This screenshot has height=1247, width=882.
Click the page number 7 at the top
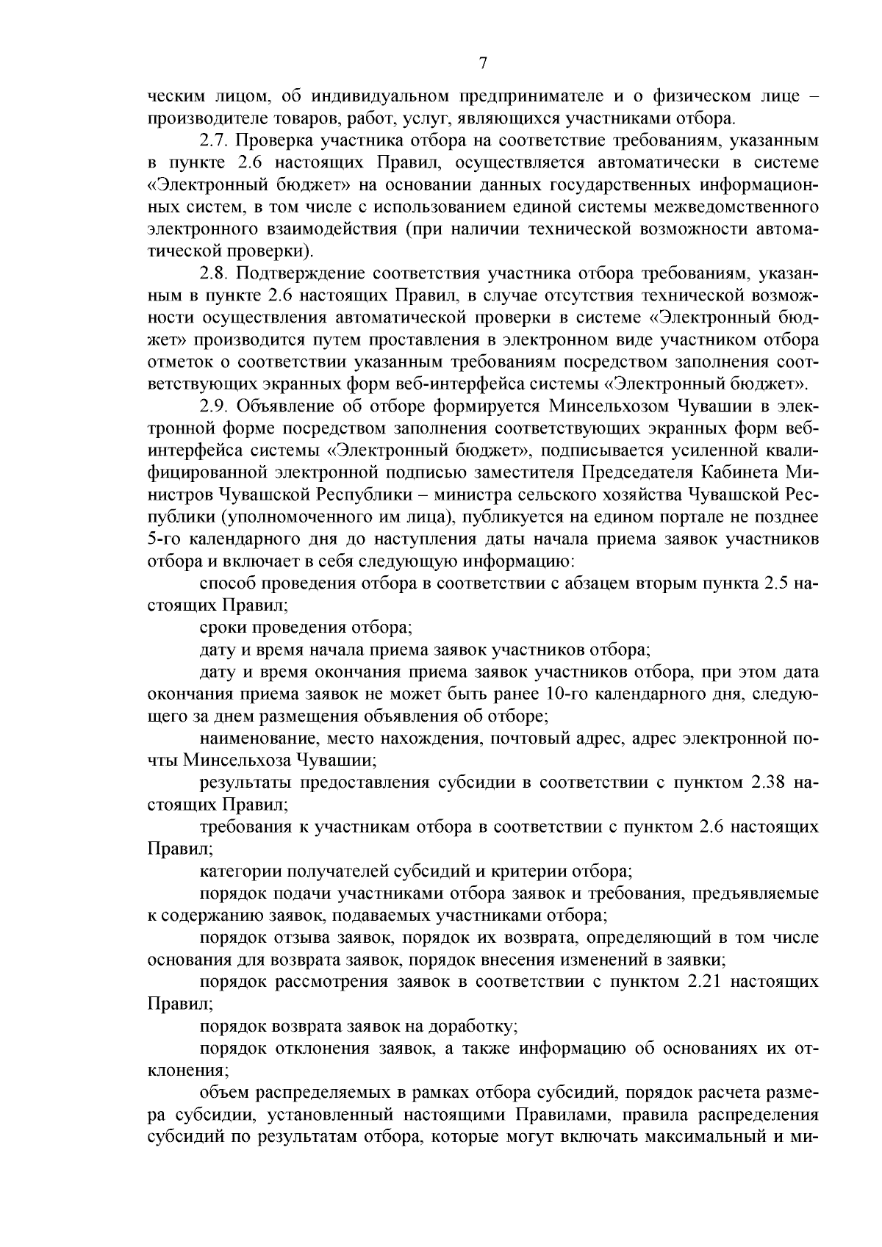(483, 63)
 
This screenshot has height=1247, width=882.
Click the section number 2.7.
(213, 140)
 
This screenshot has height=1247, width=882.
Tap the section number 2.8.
(213, 274)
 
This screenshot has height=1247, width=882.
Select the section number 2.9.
(213, 406)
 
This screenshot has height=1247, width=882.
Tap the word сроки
(223, 628)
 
